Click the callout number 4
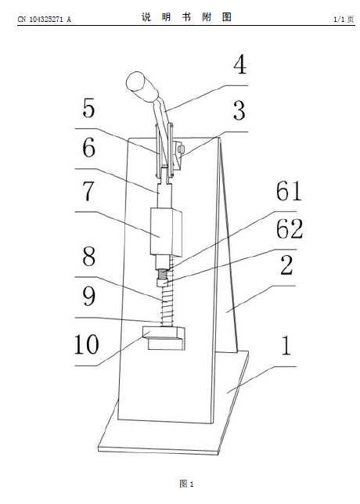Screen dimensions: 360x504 coord(240,65)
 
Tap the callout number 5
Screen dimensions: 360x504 coord(89,108)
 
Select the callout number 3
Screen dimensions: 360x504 coord(239,110)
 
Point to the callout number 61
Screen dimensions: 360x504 coord(289,191)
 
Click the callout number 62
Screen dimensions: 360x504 coord(290,229)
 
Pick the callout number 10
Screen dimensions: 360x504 coord(86,344)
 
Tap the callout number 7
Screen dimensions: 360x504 coord(88,191)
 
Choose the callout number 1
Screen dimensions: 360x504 coord(286,346)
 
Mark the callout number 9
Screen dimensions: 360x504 coord(89,296)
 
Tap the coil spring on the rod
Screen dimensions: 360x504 coord(167,306)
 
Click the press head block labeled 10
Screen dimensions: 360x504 coord(164,338)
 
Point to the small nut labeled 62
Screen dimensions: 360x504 coord(164,283)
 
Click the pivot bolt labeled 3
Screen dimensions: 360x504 coord(182,149)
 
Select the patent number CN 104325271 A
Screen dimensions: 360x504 coord(45,20)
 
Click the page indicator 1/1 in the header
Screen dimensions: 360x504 coord(339,20)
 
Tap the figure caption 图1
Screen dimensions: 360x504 coord(187,484)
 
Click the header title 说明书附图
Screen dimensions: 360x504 coord(186,17)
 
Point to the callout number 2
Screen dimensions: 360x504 coord(287,265)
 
